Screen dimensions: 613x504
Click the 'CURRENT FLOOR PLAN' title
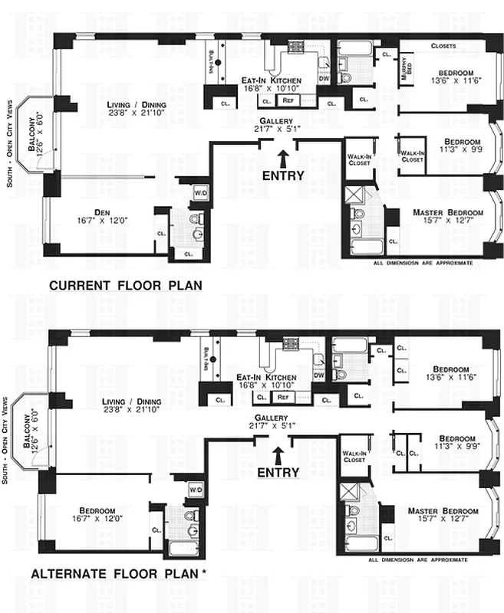[125, 286]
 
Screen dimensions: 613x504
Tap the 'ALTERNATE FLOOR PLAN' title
[115, 573]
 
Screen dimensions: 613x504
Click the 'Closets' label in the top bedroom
[443, 45]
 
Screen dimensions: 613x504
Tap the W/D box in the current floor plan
[200, 192]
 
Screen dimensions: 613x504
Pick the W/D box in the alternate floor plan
[195, 488]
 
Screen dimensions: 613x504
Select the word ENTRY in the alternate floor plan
[278, 473]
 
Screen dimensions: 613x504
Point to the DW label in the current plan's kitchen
[324, 77]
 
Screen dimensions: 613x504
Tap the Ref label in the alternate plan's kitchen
[283, 397]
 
